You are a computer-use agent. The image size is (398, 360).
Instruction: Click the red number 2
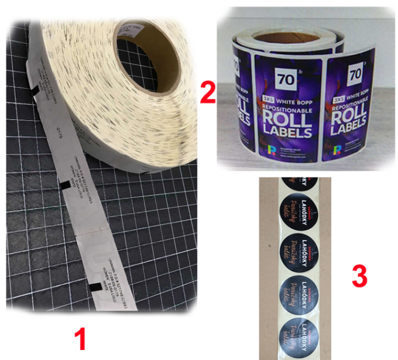(x=207, y=92)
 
